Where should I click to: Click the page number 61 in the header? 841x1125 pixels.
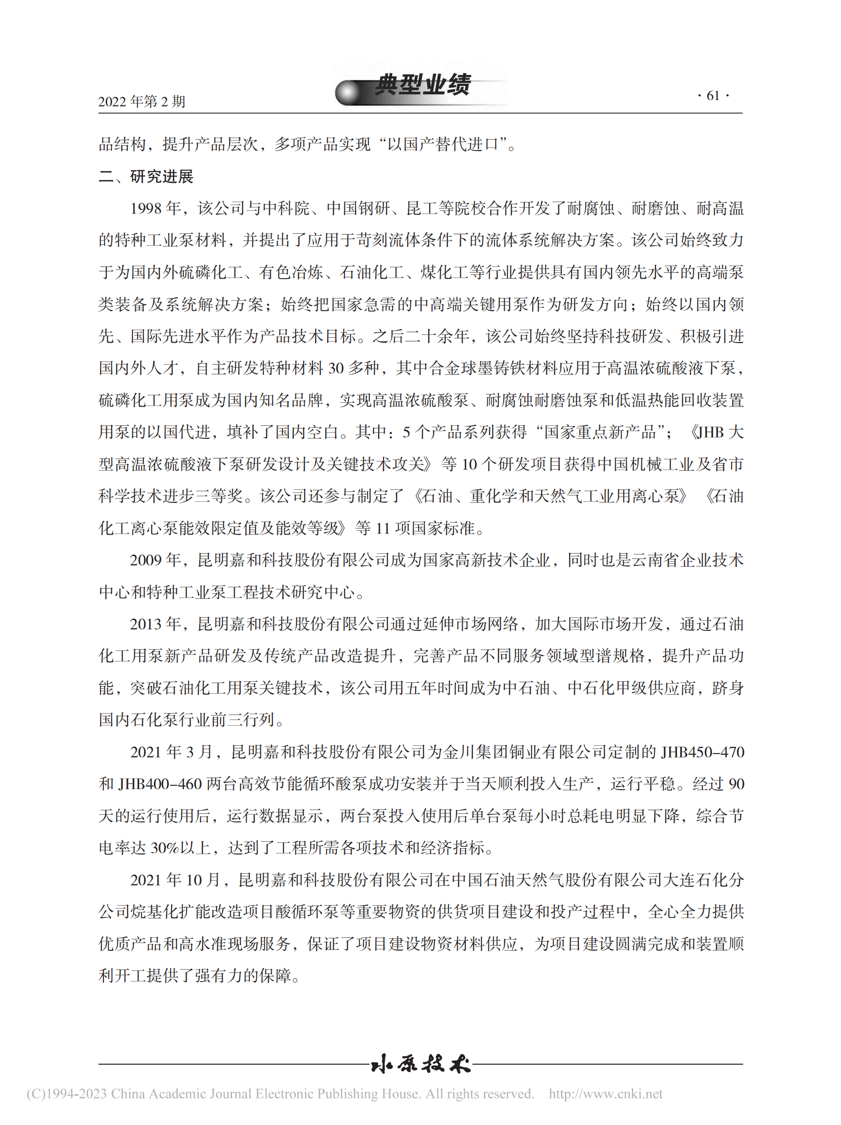click(713, 96)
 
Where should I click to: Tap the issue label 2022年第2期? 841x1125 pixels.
click(141, 102)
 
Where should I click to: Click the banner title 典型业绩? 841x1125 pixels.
click(423, 85)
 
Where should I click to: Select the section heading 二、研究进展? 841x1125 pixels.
click(146, 177)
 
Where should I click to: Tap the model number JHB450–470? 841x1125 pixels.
click(702, 752)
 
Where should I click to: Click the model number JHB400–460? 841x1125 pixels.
click(160, 784)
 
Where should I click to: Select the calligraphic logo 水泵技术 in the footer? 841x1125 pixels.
click(421, 1064)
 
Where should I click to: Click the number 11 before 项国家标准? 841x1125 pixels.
click(383, 528)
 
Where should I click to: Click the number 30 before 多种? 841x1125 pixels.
click(336, 368)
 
